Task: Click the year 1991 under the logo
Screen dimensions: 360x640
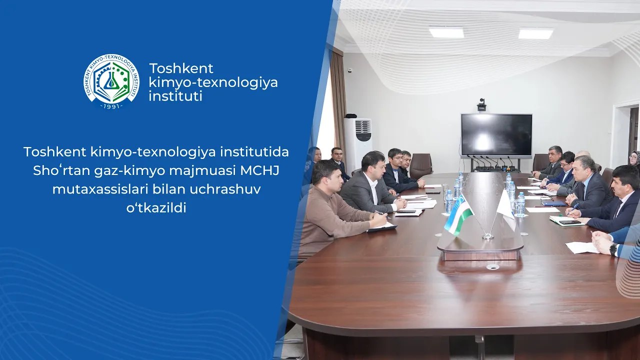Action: [x=111, y=106]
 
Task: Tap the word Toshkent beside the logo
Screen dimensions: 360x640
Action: [x=181, y=68]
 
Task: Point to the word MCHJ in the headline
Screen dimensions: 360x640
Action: [x=260, y=170]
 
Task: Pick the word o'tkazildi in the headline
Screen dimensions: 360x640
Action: [x=156, y=208]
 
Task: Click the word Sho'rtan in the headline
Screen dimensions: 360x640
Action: [x=55, y=170]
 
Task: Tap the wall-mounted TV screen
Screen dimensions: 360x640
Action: [x=496, y=135]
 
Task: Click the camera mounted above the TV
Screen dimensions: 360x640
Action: [x=481, y=104]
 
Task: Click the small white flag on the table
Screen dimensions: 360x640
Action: [x=506, y=210]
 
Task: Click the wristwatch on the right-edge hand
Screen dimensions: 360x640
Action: [x=613, y=249]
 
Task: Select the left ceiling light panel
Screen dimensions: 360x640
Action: [x=446, y=32]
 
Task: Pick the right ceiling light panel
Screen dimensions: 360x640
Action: [x=535, y=33]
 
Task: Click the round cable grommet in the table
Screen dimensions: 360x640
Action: [x=492, y=267]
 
